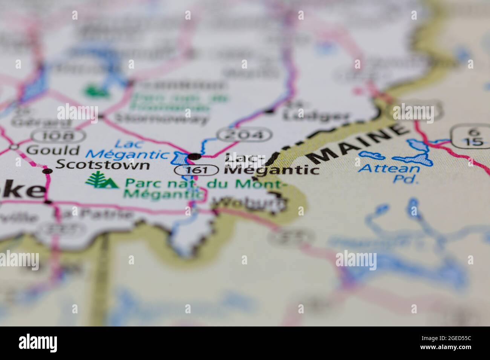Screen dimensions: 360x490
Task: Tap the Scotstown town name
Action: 103,165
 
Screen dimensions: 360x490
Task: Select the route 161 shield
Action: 196,170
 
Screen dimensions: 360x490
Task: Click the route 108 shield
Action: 57,135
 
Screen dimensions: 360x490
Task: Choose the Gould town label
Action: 52,150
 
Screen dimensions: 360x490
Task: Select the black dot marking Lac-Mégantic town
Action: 194,156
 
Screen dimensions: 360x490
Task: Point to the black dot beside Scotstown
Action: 47,171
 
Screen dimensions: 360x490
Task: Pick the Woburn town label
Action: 249,204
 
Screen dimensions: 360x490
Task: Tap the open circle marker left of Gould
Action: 14,146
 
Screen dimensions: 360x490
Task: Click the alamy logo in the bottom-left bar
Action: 38,343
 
